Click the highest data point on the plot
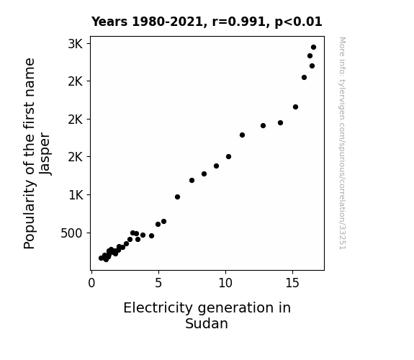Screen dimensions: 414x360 click(x=313, y=48)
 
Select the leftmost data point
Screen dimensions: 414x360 click(x=101, y=258)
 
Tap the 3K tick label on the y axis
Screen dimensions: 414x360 click(x=76, y=44)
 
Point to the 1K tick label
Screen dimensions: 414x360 click(x=76, y=195)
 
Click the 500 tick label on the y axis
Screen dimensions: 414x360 click(x=71, y=233)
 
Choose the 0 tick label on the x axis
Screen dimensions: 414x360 click(x=91, y=283)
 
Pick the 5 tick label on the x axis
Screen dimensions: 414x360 click(x=158, y=283)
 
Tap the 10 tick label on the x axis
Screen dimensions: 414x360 click(x=225, y=283)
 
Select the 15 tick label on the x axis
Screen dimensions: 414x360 click(x=292, y=283)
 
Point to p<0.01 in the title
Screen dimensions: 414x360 click(x=298, y=22)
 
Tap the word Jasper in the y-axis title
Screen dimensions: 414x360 click(x=45, y=153)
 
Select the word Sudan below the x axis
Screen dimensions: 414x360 click(x=207, y=323)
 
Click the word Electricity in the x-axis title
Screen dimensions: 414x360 click(x=158, y=308)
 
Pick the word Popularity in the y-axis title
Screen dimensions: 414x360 click(x=30, y=215)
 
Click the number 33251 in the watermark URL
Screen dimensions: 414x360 click(x=343, y=237)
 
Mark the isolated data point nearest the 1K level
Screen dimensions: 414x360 click(x=177, y=197)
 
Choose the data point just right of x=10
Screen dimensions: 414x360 click(x=229, y=157)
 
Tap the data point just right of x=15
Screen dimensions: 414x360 click(x=295, y=107)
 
